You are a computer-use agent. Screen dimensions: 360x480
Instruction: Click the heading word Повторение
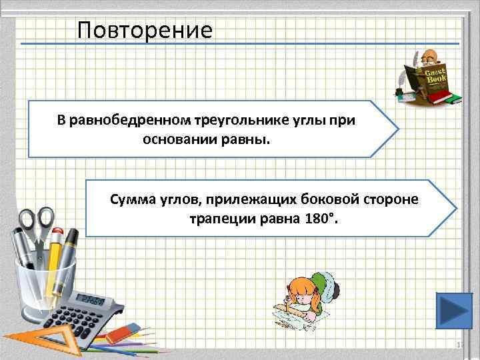(145, 30)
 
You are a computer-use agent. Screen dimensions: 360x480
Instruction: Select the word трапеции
(220, 219)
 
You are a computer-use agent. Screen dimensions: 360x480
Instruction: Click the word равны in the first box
(249, 141)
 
